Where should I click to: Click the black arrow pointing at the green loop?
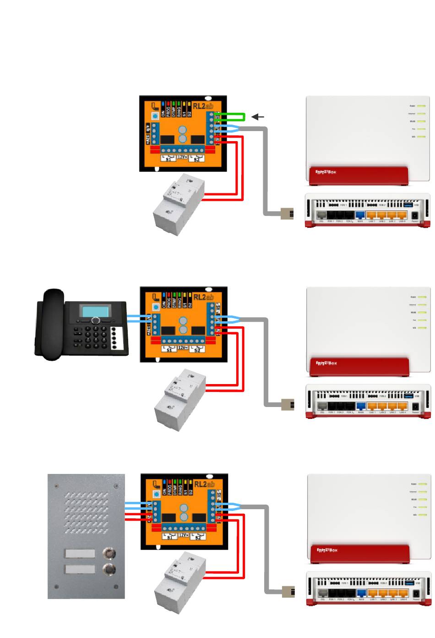258,117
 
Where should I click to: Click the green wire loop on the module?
233,117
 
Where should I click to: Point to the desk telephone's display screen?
96,311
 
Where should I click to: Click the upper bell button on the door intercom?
109,553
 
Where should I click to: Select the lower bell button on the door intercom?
109,570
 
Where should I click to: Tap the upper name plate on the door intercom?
80,554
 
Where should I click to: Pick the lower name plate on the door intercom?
80,569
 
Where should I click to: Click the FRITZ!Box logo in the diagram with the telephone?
326,363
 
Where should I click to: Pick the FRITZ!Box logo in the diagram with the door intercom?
327,550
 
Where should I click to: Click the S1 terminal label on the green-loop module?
169,159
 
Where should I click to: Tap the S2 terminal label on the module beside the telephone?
197,350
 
